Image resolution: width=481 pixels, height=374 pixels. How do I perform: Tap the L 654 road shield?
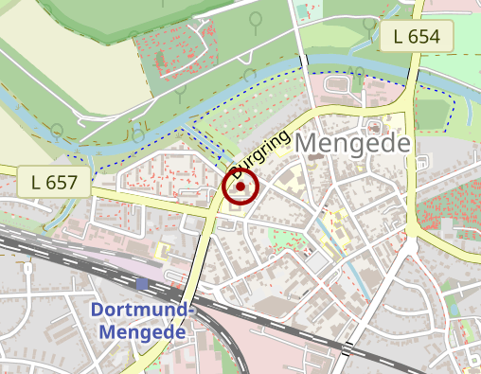(418, 38)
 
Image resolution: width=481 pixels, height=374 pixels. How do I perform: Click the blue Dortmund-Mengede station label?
(142, 322)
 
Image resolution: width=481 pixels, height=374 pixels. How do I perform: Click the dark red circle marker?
(240, 187)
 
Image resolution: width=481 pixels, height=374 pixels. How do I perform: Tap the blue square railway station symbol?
(142, 283)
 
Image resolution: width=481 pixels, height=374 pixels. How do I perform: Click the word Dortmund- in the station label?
(142, 311)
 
